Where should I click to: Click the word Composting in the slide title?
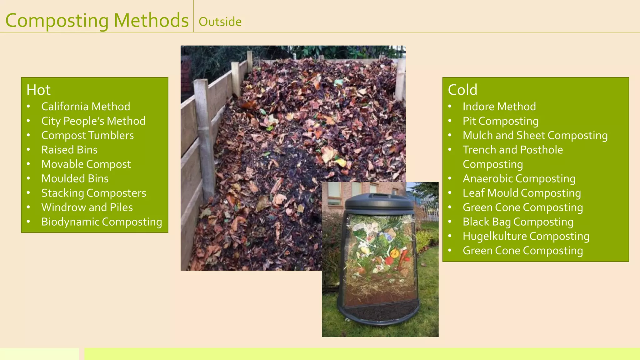(57, 21)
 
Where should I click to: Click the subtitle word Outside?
(220, 22)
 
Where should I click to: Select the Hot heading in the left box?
(38, 90)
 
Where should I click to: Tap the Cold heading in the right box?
(462, 90)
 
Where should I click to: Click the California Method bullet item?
(86, 107)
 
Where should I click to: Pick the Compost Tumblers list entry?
(87, 135)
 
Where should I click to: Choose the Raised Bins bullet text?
(69, 150)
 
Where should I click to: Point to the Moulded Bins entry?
(75, 178)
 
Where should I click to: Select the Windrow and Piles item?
(87, 207)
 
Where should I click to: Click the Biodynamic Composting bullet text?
(102, 222)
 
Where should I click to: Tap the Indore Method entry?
(499, 107)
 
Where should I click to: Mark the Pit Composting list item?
(501, 121)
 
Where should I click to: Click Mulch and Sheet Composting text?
(535, 135)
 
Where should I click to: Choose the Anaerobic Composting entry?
(519, 178)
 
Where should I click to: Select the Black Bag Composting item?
(518, 222)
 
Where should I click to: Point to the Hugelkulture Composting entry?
(526, 236)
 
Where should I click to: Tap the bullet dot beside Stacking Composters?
(28, 193)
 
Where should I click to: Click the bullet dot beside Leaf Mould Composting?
(450, 193)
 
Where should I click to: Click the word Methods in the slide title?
(151, 21)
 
